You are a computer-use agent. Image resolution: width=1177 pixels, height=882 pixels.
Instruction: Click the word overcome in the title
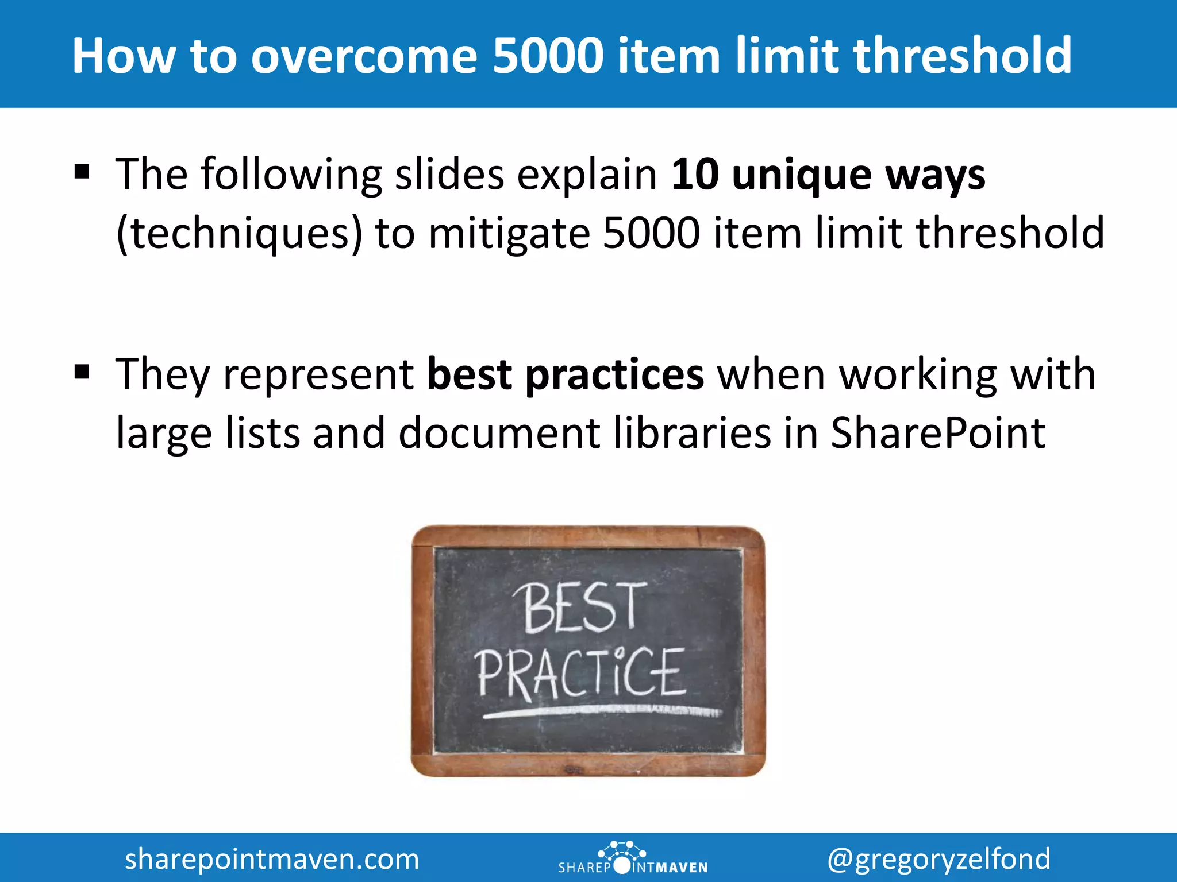pos(364,56)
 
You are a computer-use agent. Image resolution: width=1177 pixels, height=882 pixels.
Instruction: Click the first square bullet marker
pos(82,172)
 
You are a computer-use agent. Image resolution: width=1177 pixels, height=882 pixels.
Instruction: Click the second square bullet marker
pos(82,372)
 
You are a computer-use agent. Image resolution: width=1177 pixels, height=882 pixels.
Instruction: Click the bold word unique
pos(802,175)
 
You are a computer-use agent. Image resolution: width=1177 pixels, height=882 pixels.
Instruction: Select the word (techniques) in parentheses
pos(239,234)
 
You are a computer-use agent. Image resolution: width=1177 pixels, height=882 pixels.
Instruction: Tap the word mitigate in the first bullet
pos(509,234)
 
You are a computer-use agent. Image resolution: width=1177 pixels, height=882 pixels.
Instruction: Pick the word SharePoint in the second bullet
pos(938,434)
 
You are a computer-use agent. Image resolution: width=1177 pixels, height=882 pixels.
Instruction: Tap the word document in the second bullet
pos(499,434)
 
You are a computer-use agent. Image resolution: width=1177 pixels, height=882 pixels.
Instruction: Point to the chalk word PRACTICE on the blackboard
pos(580,673)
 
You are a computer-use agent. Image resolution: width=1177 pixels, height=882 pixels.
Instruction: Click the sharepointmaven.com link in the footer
pos(272,859)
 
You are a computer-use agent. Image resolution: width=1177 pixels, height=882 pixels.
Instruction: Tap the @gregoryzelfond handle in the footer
pos(939,859)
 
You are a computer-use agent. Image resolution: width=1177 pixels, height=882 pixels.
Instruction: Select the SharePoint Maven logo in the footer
pos(632,858)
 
